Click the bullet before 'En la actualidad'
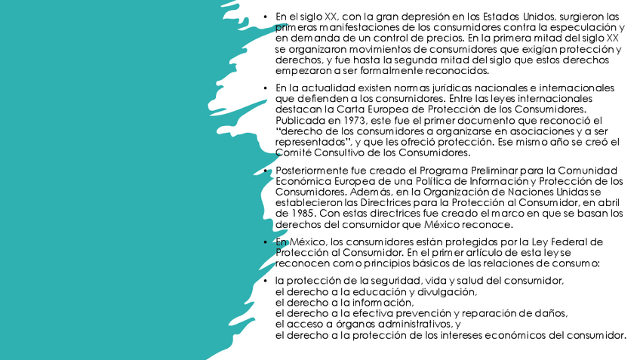pos(266,88)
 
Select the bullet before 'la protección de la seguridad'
pos(266,281)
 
